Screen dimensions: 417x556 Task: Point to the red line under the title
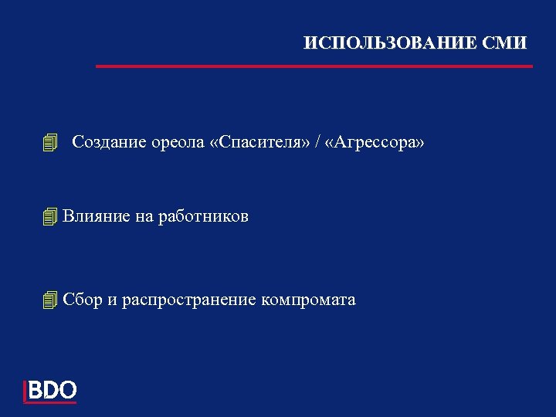pyautogui.click(x=314, y=66)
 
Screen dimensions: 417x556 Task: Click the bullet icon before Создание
pyautogui.click(x=51, y=143)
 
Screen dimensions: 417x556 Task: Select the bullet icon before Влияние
pyautogui.click(x=51, y=217)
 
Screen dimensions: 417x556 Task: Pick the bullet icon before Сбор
pyautogui.click(x=51, y=300)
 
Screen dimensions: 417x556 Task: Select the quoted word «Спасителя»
pyautogui.click(x=258, y=143)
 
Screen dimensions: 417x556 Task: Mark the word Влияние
pyautogui.click(x=97, y=217)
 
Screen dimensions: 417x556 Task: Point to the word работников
pyautogui.click(x=203, y=217)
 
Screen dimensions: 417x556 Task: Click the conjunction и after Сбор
pyautogui.click(x=113, y=300)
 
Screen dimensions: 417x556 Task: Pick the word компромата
pyautogui.click(x=309, y=300)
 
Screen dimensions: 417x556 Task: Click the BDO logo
pyautogui.click(x=51, y=391)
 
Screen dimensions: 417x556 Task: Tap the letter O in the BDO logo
pyautogui.click(x=67, y=390)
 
